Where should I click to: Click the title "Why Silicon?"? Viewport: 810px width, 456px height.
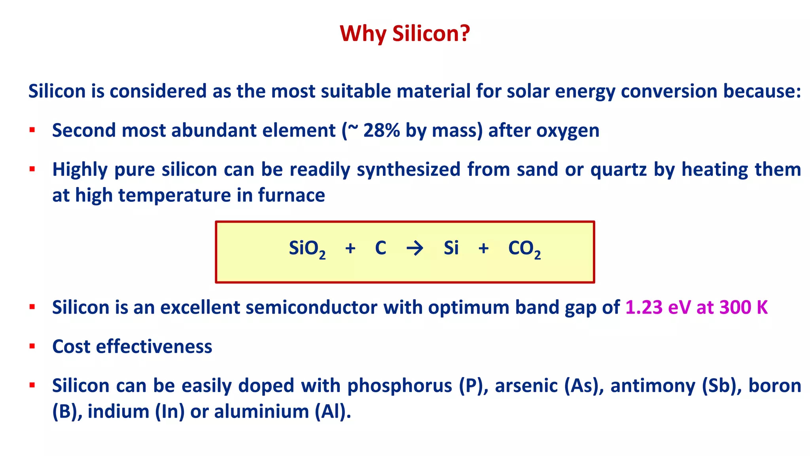(x=405, y=33)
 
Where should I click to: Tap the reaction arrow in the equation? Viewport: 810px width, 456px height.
(x=414, y=249)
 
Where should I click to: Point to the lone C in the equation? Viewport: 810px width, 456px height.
(x=380, y=248)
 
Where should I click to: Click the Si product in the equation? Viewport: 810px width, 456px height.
(x=451, y=248)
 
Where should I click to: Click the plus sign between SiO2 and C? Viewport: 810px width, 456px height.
(x=350, y=249)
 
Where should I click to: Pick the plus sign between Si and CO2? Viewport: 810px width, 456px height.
(x=483, y=249)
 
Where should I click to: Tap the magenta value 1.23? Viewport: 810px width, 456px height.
(x=643, y=308)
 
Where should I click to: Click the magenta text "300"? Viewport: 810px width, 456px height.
(x=735, y=308)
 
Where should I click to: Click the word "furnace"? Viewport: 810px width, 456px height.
(x=291, y=196)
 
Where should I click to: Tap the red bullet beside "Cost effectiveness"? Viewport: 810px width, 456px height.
(x=32, y=346)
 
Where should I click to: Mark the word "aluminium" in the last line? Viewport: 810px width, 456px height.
(x=261, y=412)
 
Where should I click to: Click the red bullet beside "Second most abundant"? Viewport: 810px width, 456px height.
(x=32, y=130)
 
